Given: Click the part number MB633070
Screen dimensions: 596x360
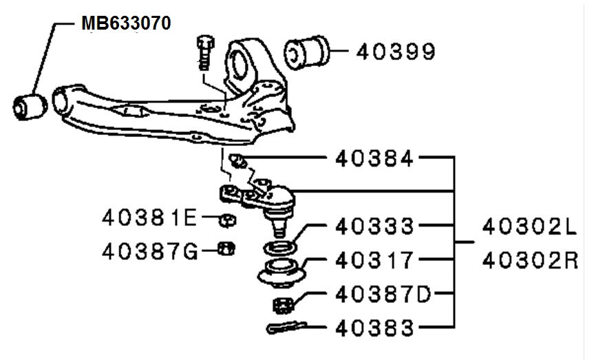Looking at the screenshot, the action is (x=126, y=23).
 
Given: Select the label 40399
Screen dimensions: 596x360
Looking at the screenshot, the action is (x=396, y=52).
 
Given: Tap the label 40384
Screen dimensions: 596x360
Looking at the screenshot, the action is (x=374, y=158).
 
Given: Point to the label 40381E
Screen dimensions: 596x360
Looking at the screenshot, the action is (x=149, y=218).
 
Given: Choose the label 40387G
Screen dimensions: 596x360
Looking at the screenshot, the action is (x=150, y=252).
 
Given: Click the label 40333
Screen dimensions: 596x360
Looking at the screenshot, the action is (x=374, y=226).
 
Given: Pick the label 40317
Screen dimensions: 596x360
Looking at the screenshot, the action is (x=374, y=260).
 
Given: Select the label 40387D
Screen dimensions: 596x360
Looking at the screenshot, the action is (x=383, y=294).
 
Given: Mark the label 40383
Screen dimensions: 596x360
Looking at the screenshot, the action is (x=374, y=328).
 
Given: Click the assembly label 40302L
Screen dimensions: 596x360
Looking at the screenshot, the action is (x=530, y=227).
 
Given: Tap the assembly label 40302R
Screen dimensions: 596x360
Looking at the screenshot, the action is (x=530, y=261).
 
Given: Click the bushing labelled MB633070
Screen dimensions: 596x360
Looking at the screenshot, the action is (x=30, y=107).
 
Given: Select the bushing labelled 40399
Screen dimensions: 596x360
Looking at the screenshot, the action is (x=306, y=53).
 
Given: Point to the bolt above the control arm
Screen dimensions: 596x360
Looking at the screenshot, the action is (x=205, y=52).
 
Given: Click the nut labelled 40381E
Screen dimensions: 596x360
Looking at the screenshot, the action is (x=228, y=220).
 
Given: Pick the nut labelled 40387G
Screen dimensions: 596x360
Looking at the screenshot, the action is (x=226, y=249).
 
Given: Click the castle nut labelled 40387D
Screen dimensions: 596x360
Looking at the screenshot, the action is (x=283, y=305).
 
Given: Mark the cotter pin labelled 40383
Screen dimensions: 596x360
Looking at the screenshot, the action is (x=287, y=328).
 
